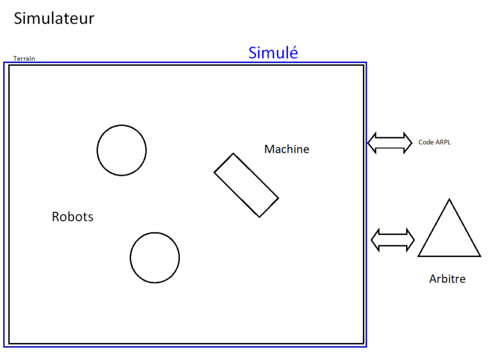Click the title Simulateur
tap(54, 19)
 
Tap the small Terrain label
tap(24, 59)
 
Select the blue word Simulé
tap(273, 53)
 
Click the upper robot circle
tap(121, 150)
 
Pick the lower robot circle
tap(154, 257)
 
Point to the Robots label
tap(73, 217)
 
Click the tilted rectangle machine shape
tap(246, 185)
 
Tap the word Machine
tap(287, 149)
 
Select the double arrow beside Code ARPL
tap(390, 142)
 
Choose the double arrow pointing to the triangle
tap(393, 239)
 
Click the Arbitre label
tap(447, 279)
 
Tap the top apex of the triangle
tap(449, 200)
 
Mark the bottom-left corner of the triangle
tap(418, 256)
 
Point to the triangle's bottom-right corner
tap(479, 256)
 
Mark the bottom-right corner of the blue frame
tap(366, 347)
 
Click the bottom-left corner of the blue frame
tap(5, 347)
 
